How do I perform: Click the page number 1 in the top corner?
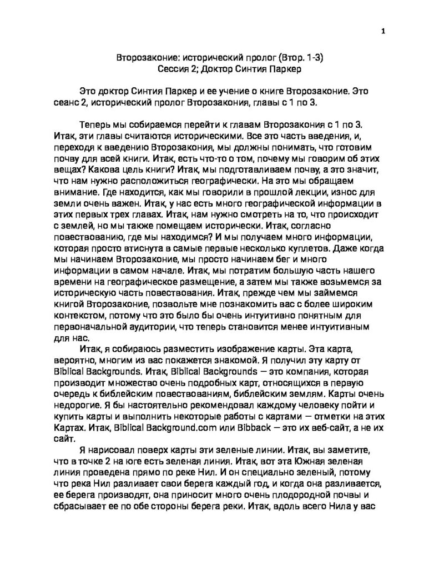(383, 31)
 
